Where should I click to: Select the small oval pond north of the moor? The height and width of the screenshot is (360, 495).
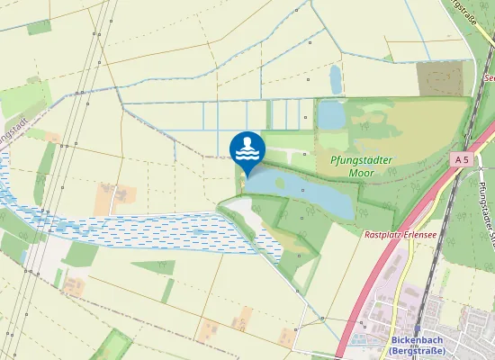coord(336,78)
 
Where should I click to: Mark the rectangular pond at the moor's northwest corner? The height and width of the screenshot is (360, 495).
coord(331,115)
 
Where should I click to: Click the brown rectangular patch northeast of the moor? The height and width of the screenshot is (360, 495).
coord(441,78)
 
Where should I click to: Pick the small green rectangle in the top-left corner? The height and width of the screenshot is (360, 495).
coord(39,26)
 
